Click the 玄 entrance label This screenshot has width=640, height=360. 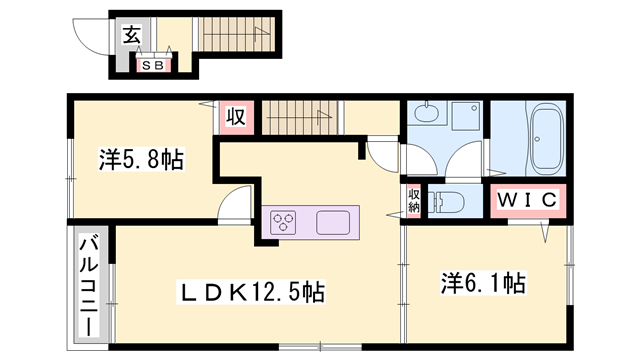point(131,35)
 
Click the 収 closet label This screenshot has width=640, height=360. point(236,117)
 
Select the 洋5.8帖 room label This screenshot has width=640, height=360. point(140,159)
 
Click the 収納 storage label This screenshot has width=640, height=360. point(414,200)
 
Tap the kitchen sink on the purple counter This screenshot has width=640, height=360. point(332,222)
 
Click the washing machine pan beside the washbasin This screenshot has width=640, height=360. point(465,121)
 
